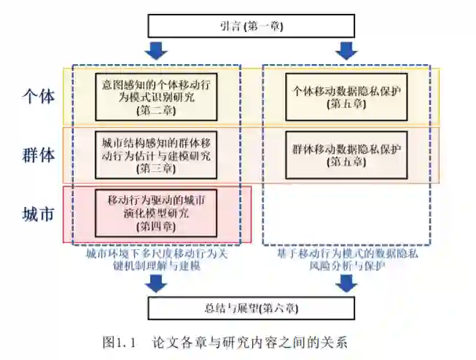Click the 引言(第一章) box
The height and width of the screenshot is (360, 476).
coord(251,26)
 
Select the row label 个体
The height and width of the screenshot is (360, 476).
coord(38,96)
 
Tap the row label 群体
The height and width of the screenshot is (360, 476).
coord(38,154)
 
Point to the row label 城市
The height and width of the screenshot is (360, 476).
coord(38,214)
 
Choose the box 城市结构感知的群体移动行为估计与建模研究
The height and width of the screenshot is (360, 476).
coord(157,154)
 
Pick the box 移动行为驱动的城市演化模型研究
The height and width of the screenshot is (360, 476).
coord(157,212)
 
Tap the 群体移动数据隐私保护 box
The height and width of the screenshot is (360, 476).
coord(347,154)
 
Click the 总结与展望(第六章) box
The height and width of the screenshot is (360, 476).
coord(251,308)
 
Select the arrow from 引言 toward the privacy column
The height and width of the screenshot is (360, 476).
coord(347,51)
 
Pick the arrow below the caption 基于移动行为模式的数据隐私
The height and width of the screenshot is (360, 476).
coord(347,283)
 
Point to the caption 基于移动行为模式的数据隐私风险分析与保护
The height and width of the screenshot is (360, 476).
coord(347,260)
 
